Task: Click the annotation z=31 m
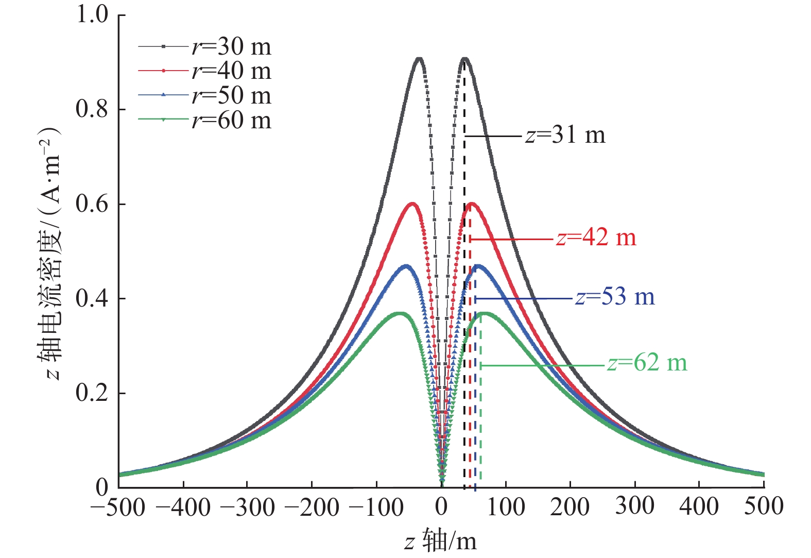pyautogui.click(x=565, y=136)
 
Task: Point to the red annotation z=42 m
pyautogui.click(x=596, y=238)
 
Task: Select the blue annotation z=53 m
pyautogui.click(x=615, y=297)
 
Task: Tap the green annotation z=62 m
pyautogui.click(x=647, y=363)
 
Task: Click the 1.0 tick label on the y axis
pyautogui.click(x=92, y=14)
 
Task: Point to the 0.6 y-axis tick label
pyautogui.click(x=92, y=204)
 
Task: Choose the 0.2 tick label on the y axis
pyautogui.click(x=92, y=393)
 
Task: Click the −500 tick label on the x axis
pyautogui.click(x=118, y=508)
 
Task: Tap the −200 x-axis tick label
pyautogui.click(x=312, y=508)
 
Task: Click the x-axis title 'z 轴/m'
pyautogui.click(x=441, y=542)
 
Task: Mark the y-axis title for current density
pyautogui.click(x=50, y=252)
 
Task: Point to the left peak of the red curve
pyautogui.click(x=412, y=204)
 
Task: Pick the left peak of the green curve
pyautogui.click(x=400, y=313)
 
